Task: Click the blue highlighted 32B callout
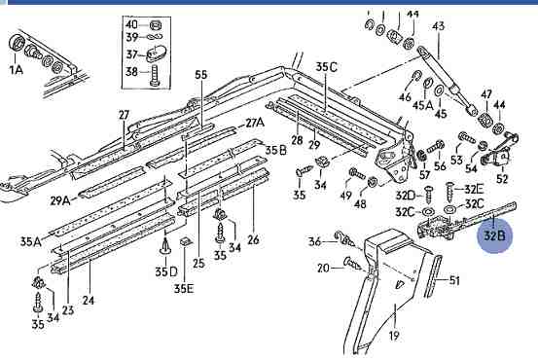coord(495,235)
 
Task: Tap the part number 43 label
coord(438,26)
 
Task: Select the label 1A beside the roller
coord(17,70)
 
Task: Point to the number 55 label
coord(201,75)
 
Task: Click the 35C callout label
coord(326,66)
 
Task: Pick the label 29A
coord(60,200)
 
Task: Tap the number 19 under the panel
coord(394,336)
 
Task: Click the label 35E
coord(184,289)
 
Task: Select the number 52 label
coord(502,178)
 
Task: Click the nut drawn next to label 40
coord(156,25)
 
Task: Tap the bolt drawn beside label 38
coord(154,75)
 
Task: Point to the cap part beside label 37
coord(156,54)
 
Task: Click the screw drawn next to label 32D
coord(428,195)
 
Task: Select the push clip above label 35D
coord(166,246)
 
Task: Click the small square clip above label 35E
coord(186,241)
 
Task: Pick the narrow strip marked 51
coord(433,276)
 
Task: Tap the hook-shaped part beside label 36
coord(344,238)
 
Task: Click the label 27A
coord(255,123)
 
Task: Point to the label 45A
coord(422,105)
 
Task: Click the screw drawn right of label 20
coord(352,264)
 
